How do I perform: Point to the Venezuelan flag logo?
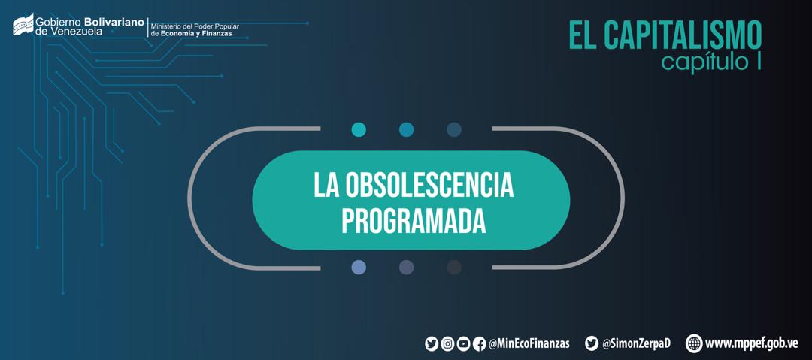tap(23, 24)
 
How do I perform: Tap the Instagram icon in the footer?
tap(447, 343)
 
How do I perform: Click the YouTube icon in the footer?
tap(463, 343)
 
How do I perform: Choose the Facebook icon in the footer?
tap(480, 343)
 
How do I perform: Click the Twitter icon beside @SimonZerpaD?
tap(592, 343)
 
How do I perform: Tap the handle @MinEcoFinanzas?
tap(529, 343)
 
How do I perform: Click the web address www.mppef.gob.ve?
tap(751, 343)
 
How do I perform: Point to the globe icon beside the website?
tap(694, 343)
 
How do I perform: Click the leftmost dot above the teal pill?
tap(359, 129)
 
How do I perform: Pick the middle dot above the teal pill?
tap(407, 129)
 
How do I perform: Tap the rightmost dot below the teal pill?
tap(454, 268)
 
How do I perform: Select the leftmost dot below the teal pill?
tap(359, 268)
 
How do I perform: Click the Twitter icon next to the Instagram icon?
tap(432, 343)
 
